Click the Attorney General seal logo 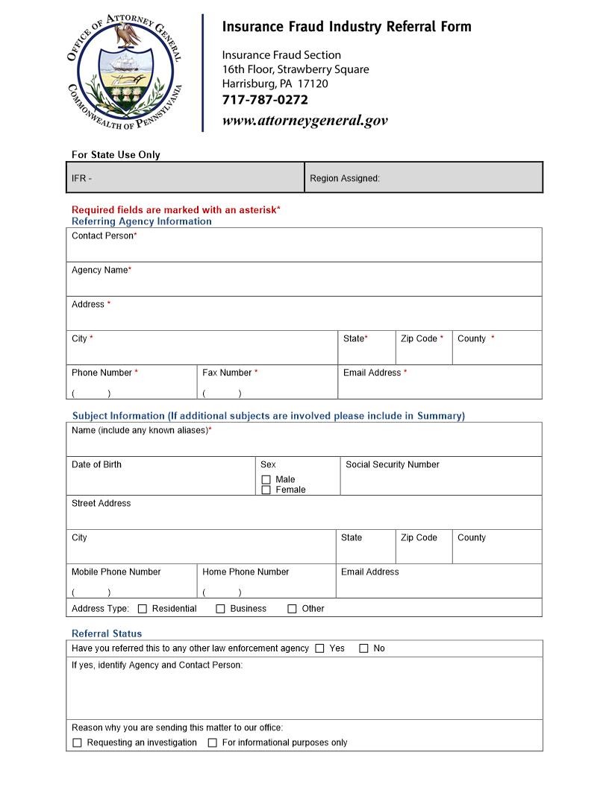125,73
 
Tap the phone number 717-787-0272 265,100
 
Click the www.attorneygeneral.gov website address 304,121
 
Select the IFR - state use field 185,178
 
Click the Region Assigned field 422,178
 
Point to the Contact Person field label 103,236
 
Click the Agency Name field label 100,270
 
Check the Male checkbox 266,480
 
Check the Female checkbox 266,490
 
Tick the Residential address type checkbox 143,609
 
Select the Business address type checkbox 220,609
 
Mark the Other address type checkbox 293,609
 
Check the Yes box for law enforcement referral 319,648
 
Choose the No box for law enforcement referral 364,648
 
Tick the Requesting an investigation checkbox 77,743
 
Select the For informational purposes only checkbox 213,743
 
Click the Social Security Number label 392,464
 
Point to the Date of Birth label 96,464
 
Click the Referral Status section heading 107,633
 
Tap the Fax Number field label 228,373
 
